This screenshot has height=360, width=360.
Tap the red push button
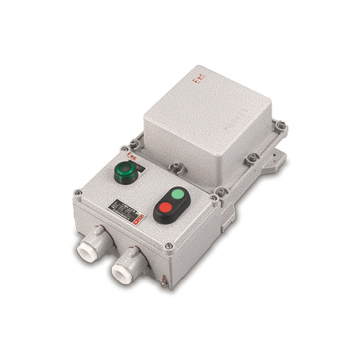pyautogui.click(x=166, y=211)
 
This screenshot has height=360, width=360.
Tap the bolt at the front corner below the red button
pyautogui.click(x=167, y=244)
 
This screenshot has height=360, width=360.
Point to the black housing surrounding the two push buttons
pyautogui.click(x=174, y=203)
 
